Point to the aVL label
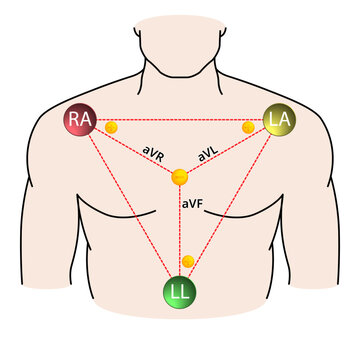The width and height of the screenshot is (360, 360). tap(209, 155)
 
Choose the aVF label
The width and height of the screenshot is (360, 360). tap(193, 203)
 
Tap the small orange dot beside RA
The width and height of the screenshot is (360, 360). tap(111, 128)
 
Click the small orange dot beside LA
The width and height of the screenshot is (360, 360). tap(250, 128)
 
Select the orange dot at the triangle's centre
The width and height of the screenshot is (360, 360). tap(179, 178)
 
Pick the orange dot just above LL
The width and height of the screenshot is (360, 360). tap(187, 261)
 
